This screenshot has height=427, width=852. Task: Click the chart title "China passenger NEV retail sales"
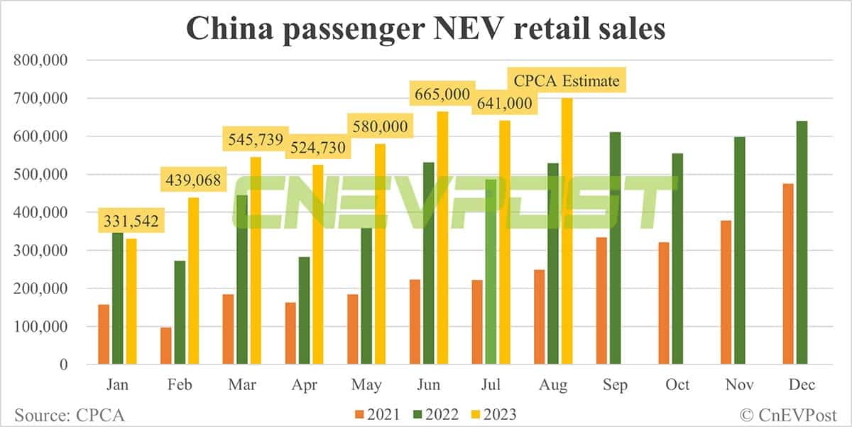pyautogui.click(x=426, y=28)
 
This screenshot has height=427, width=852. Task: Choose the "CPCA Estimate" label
pyautogui.click(x=566, y=81)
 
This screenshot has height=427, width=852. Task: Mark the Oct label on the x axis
pyautogui.click(x=677, y=384)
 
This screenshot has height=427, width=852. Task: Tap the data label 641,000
pyautogui.click(x=503, y=104)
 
